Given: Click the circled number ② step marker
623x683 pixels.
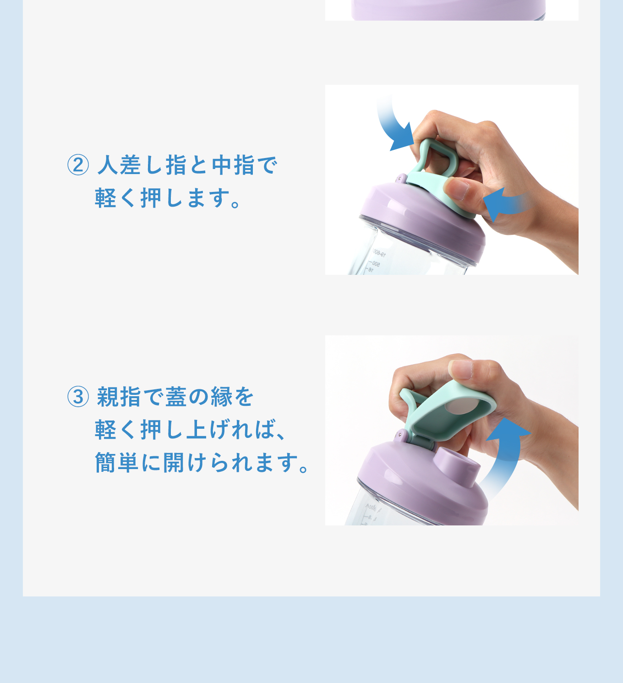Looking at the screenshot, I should point(78,165).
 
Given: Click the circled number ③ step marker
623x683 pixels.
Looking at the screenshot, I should point(78,397).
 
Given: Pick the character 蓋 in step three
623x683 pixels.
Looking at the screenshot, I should point(176,397).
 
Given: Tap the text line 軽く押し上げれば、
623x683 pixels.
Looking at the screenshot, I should point(191,430).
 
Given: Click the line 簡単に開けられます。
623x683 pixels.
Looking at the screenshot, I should point(202,463).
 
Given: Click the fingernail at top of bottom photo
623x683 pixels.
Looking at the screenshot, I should point(461,369).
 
